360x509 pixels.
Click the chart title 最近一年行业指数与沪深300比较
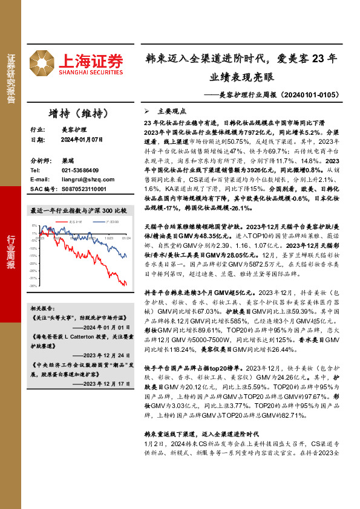pos(79,210)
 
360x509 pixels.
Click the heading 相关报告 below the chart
pos(42,308)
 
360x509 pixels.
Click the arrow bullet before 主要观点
pos(147,112)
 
